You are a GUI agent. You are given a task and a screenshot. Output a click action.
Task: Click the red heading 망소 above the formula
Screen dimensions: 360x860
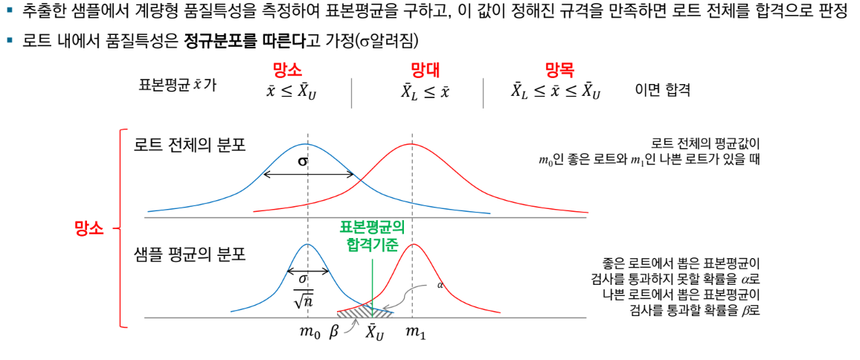287,71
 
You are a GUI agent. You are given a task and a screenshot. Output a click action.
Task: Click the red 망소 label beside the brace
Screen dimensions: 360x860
89,228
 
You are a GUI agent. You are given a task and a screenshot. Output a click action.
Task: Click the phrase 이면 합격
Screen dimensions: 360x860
662,90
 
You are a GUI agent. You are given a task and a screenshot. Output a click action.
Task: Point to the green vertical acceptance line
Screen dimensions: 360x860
371,286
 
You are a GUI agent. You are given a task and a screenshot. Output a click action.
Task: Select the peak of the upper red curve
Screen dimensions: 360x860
411,143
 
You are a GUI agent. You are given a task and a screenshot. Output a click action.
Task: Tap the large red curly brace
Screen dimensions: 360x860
121,228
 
